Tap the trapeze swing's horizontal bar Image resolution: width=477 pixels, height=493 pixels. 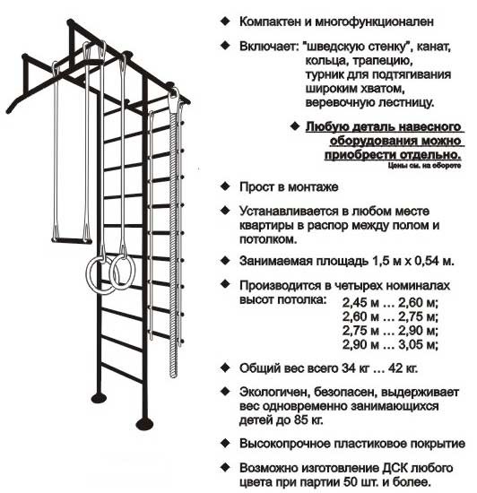coord(72,241)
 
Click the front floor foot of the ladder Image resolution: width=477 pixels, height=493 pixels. coord(144,423)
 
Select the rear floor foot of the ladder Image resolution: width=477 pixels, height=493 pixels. coord(99,398)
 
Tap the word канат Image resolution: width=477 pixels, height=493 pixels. coord(436,47)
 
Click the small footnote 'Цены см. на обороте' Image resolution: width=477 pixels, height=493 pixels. coord(424,166)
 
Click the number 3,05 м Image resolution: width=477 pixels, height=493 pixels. coord(418,345)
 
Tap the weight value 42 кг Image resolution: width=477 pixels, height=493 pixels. coord(403,368)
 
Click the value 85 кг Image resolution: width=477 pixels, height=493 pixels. coord(308,420)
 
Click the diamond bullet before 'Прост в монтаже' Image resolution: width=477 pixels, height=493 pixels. coord(225,186)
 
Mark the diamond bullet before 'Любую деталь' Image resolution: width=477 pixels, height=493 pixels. coord(295,126)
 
